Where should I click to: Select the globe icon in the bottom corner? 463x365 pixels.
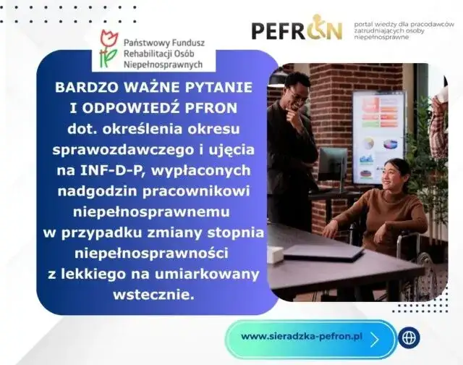[410, 337]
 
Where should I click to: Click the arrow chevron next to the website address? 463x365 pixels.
[374, 337]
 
